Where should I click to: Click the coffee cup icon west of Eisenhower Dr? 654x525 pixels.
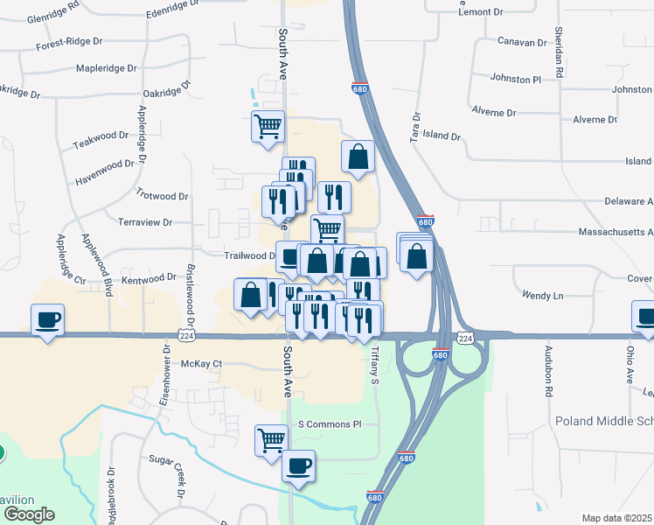tap(48, 318)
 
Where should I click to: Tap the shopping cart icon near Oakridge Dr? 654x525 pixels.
tap(268, 125)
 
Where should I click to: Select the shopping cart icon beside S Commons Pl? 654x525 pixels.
tap(272, 439)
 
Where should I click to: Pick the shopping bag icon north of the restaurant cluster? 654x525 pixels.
tap(358, 157)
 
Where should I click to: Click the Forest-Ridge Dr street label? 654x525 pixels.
tap(69, 43)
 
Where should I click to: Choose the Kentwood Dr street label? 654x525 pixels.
tap(149, 278)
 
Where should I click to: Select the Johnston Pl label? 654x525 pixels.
tap(516, 79)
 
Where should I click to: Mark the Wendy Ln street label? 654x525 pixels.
tap(543, 296)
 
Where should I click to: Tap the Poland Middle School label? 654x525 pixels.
tap(604, 421)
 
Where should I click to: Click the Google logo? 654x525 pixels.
tap(28, 514)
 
